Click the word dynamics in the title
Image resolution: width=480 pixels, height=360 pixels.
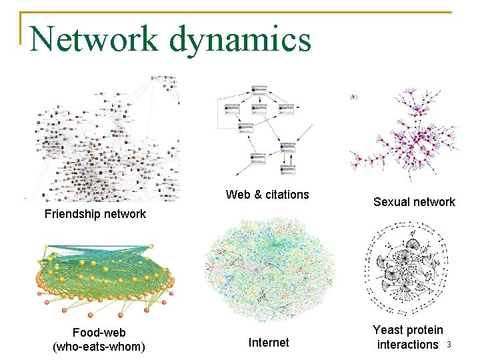point(240,39)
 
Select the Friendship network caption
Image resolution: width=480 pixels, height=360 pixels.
point(95,214)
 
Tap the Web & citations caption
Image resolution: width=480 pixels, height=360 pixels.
point(267,195)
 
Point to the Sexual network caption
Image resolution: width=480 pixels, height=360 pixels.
point(414,202)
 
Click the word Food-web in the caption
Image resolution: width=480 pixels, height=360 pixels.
point(99,332)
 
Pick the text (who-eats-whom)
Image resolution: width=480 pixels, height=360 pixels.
point(99,346)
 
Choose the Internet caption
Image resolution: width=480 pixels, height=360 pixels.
point(269,343)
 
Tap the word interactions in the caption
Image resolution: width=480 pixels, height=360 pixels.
point(407,345)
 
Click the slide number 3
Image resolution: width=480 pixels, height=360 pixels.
point(449,345)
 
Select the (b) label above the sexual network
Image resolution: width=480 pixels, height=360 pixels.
point(353,97)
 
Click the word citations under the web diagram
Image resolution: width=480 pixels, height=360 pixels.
point(287,195)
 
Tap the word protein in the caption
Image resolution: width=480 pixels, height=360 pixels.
point(425,330)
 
